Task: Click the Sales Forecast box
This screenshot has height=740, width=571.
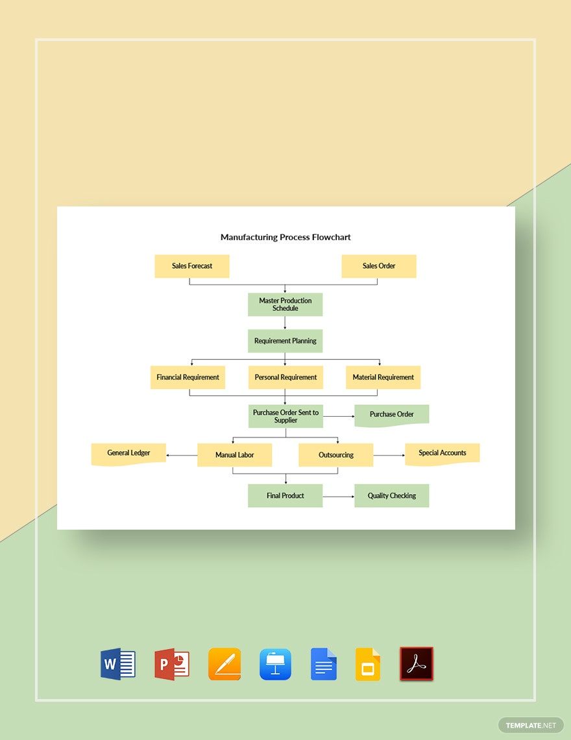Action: (x=192, y=266)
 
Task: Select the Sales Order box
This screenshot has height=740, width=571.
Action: (x=379, y=266)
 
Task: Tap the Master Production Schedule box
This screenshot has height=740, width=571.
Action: (x=285, y=304)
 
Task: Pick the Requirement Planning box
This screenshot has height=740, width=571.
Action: (x=285, y=341)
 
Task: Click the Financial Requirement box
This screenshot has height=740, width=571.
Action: (x=188, y=377)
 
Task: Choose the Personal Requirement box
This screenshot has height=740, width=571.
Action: (x=285, y=377)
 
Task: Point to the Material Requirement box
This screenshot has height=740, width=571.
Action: (x=383, y=377)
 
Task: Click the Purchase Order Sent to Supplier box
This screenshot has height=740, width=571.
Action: (x=285, y=416)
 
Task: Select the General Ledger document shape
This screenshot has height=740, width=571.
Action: (x=128, y=453)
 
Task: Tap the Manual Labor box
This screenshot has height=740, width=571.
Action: (x=234, y=455)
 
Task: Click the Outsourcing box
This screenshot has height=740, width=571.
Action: (x=335, y=455)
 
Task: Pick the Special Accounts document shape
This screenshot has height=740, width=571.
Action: (x=442, y=453)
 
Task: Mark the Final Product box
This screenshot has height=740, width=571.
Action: (x=285, y=496)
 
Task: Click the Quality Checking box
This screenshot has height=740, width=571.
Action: (x=391, y=496)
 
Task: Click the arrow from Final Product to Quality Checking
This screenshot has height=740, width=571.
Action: (x=338, y=497)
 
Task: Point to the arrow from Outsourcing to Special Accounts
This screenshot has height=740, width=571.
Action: (x=389, y=456)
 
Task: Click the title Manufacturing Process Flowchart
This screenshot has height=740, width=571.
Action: (x=285, y=238)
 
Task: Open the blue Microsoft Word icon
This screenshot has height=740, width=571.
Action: (x=117, y=664)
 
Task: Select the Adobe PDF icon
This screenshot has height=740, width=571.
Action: (x=416, y=664)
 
